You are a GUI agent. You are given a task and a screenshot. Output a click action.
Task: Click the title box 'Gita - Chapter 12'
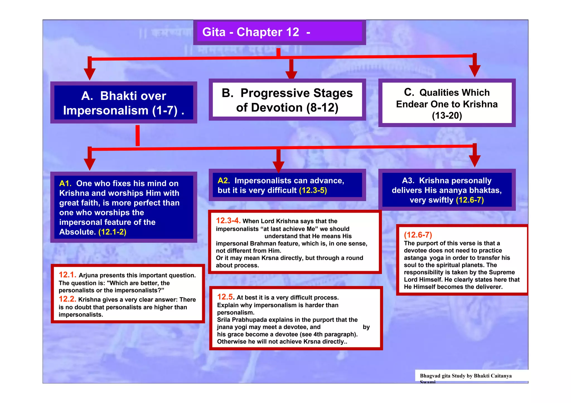click(279, 32)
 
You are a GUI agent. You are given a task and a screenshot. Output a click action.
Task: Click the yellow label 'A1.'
click(65, 183)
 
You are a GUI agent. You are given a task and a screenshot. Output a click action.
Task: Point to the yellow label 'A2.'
click(224, 181)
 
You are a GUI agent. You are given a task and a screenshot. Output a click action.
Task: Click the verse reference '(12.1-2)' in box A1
click(112, 232)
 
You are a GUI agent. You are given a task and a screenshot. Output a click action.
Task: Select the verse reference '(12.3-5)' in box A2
click(313, 190)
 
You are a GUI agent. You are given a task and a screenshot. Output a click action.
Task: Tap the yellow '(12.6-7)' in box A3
click(470, 200)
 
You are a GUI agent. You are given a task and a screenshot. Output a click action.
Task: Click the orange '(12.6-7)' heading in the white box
click(418, 235)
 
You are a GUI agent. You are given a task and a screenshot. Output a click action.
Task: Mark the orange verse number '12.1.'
click(67, 275)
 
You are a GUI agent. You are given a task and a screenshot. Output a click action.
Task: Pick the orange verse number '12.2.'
click(67, 299)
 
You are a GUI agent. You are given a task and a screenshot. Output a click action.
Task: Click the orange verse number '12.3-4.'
click(228, 221)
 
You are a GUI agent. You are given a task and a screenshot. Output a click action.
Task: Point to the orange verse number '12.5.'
click(226, 297)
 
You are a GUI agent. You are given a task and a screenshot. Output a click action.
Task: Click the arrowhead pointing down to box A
click(89, 74)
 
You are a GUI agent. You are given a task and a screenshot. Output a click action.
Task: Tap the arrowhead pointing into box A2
click(278, 167)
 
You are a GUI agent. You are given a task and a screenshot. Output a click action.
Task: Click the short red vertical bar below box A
click(137, 136)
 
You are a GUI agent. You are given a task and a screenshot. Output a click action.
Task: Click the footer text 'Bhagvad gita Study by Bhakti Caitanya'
click(466, 376)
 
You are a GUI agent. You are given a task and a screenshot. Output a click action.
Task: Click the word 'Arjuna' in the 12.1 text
click(88, 276)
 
